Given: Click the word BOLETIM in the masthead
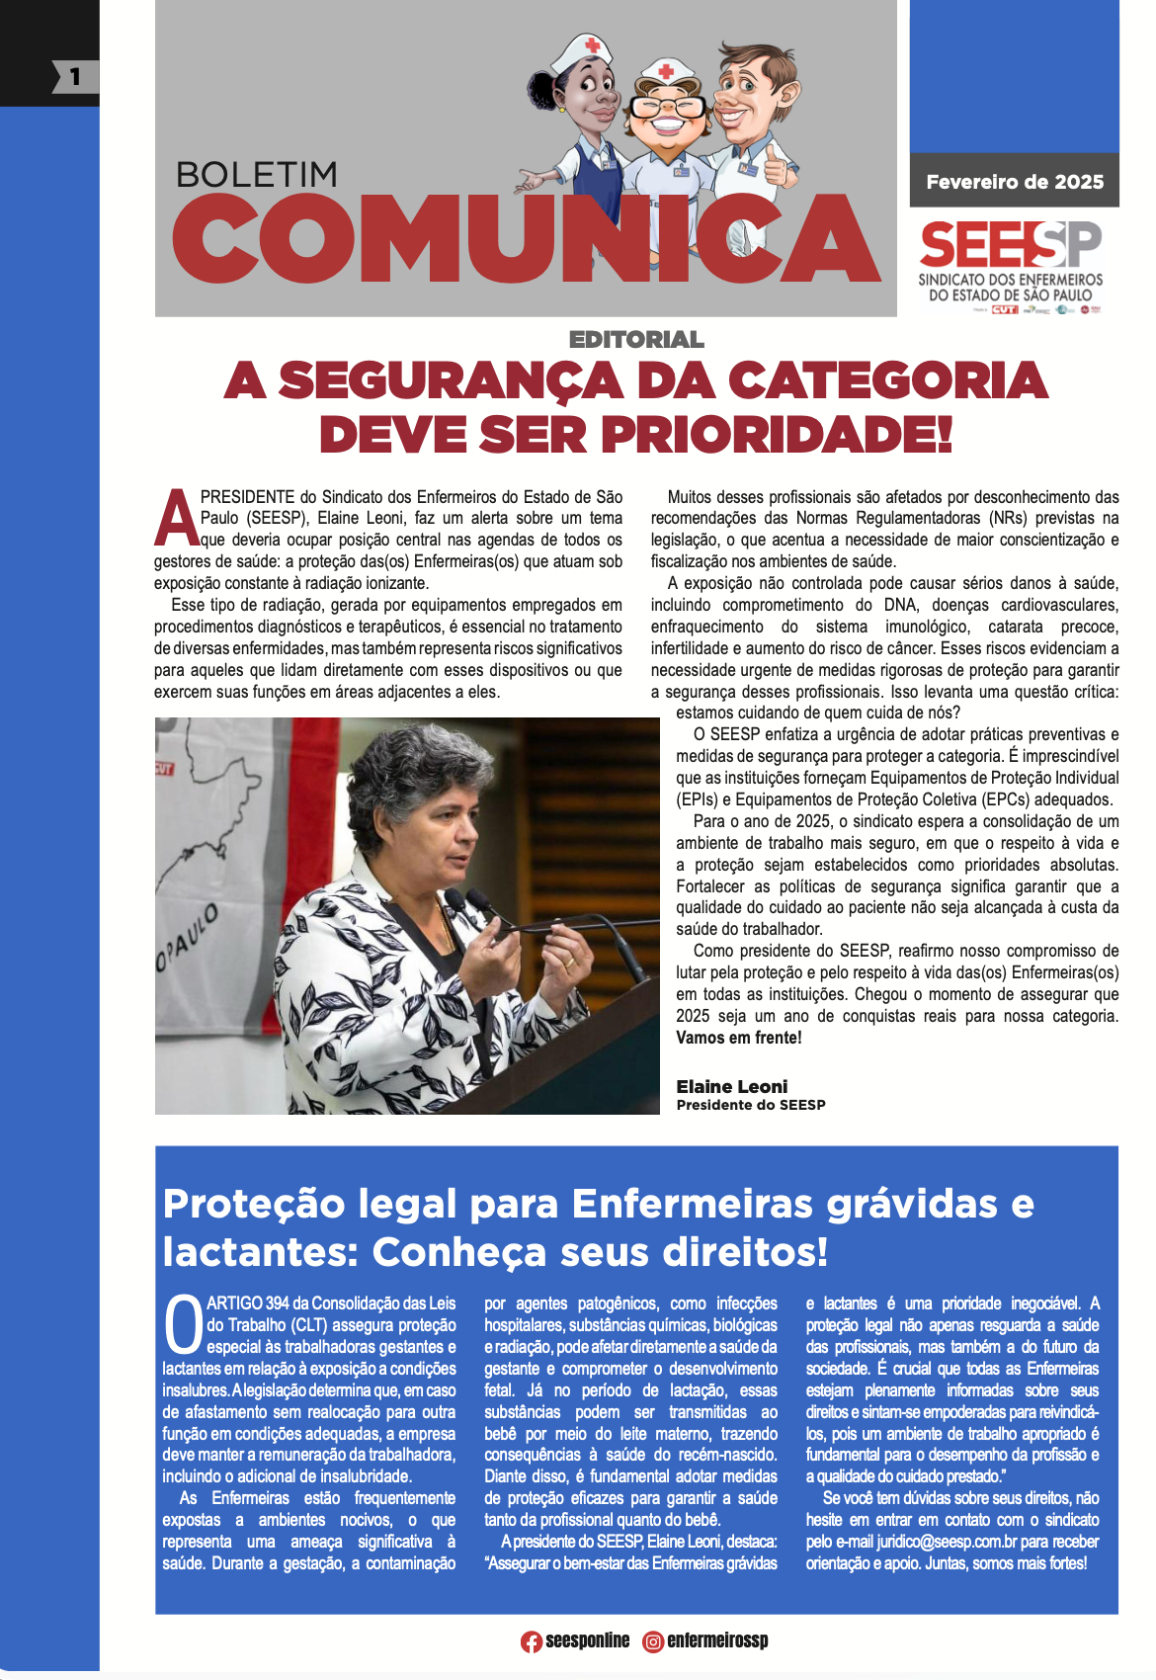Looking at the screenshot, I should tap(257, 175).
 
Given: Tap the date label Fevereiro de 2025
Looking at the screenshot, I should tap(1014, 182).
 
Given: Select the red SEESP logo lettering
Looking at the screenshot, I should tap(1010, 244).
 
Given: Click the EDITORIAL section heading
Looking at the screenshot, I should tap(636, 340).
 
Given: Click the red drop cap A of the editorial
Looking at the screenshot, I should tap(176, 518).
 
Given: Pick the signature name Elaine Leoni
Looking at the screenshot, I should tap(731, 1086).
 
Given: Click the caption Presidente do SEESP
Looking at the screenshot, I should tap(750, 1105).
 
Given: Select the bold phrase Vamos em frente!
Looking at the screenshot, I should tap(738, 1038).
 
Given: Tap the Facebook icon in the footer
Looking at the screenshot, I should tap(532, 1641).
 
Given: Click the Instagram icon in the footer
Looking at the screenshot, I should tap(653, 1641).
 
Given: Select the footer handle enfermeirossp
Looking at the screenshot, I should tap(717, 1640).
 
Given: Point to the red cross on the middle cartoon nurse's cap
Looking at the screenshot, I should tap(667, 71).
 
